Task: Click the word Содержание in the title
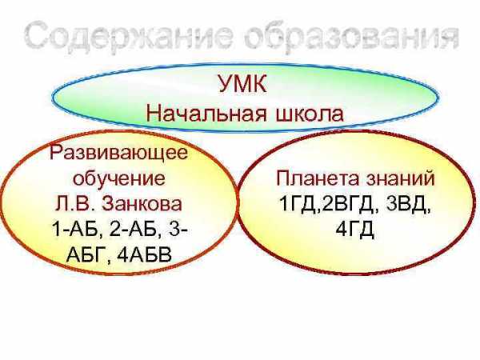[129, 35]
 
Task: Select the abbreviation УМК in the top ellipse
[242, 83]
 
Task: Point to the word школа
[309, 114]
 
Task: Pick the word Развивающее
[118, 154]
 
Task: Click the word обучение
[119, 178]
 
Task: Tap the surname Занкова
[142, 203]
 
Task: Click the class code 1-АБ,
[77, 229]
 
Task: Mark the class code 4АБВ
[145, 254]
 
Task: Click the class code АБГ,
[88, 254]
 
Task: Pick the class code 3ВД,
[408, 204]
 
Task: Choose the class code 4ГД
[354, 229]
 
